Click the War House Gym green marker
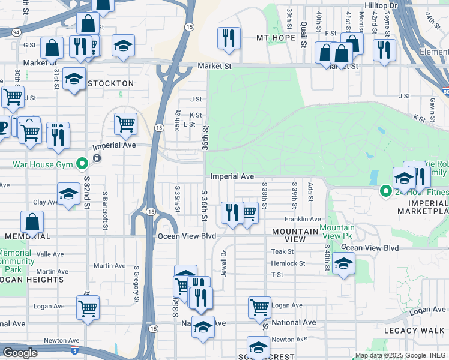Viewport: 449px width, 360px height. tap(83, 163)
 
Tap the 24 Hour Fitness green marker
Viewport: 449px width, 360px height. tap(386, 191)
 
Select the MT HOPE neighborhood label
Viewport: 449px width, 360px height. tap(276, 38)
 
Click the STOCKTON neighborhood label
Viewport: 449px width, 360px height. tap(111, 83)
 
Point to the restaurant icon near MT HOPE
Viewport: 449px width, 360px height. tap(229, 38)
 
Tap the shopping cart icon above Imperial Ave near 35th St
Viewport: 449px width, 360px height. tap(125, 124)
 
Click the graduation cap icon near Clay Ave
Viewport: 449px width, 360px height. tap(69, 194)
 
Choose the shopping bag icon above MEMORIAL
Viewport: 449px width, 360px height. tap(32, 222)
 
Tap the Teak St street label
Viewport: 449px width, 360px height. tap(282, 252)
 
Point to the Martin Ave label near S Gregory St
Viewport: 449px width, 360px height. tap(110, 266)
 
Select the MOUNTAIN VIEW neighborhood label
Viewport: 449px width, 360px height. tap(294, 235)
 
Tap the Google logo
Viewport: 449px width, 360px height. tap(20, 353)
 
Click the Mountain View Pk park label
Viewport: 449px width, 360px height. tap(337, 232)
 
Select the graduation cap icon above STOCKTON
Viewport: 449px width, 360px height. tap(123, 45)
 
